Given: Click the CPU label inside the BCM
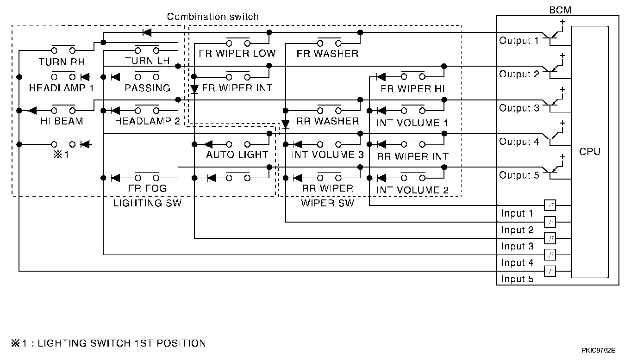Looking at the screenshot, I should (x=589, y=151).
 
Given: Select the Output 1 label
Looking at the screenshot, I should (x=519, y=41).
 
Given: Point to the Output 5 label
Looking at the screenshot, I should (x=519, y=175).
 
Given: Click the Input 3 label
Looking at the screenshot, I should (x=517, y=246).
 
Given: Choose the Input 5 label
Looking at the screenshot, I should (x=517, y=279).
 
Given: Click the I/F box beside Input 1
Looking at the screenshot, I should (x=550, y=205).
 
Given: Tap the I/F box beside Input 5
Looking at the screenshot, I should (x=550, y=271).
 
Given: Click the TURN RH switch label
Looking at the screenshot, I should (x=62, y=62).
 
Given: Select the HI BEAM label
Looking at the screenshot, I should (x=62, y=121).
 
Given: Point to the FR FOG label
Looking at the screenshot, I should (x=147, y=188).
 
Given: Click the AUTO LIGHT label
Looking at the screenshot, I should (x=237, y=155).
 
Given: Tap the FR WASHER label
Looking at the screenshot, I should (x=327, y=54).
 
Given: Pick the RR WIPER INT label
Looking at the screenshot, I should (x=412, y=156).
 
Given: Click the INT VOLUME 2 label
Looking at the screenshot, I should (x=412, y=190).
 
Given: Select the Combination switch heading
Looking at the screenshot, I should (x=212, y=17).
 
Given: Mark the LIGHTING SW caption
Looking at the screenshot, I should (x=147, y=203).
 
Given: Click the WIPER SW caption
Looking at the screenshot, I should (x=327, y=203).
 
